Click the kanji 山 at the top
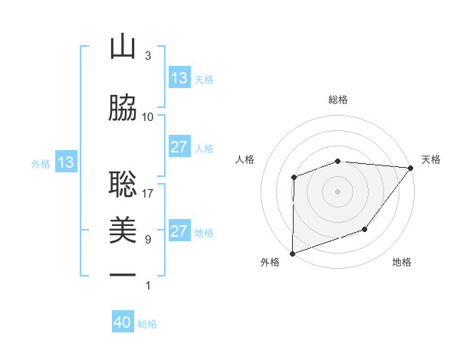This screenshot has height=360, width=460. coord(123,47)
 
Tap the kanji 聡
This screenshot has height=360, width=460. coord(123,184)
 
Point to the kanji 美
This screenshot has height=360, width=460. coord(123,230)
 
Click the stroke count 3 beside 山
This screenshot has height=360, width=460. coord(148,56)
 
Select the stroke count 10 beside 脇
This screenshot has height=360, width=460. coord(148,117)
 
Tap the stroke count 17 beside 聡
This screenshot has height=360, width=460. coord(148,193)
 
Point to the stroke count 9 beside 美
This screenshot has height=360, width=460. coord(148,240)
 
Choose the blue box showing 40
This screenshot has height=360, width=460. coord(123,322)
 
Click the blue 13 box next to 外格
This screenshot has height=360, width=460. coord(66,162)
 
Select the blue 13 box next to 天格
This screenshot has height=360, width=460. coord(179,78)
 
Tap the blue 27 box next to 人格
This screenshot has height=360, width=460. coord(179,147)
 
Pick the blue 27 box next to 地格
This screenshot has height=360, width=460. coord(179,231)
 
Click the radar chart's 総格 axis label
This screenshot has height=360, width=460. coord(338,100)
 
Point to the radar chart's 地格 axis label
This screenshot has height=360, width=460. coord(402,263)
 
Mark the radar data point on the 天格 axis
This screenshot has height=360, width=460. coord(411,168)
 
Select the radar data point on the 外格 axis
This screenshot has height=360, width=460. coord(293,253)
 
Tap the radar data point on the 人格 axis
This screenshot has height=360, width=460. coord(294,178)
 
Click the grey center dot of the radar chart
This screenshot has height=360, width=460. coord(337,191)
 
